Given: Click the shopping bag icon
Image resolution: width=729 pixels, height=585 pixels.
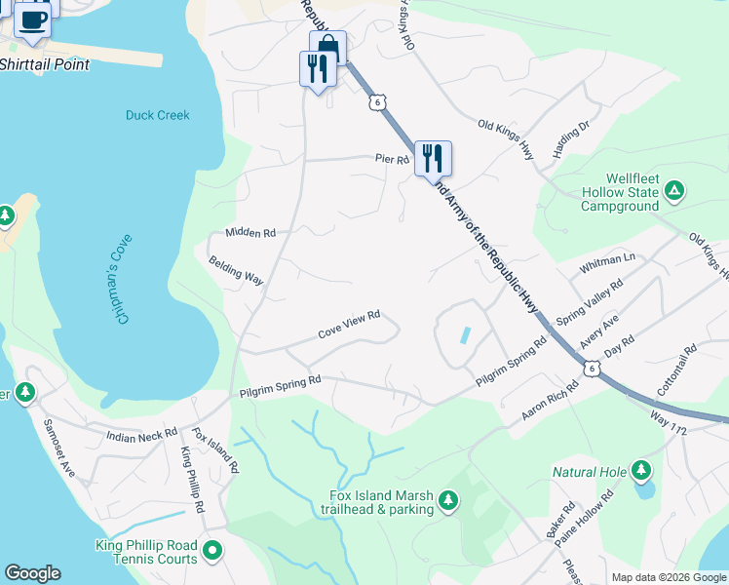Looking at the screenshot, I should pyautogui.click(x=328, y=46).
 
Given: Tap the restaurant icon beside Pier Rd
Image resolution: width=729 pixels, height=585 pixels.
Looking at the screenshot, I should pyautogui.click(x=433, y=158).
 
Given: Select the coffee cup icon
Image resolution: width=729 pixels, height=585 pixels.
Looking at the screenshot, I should pyautogui.click(x=33, y=19).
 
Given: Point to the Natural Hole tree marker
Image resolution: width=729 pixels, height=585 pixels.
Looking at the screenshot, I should pyautogui.click(x=640, y=472).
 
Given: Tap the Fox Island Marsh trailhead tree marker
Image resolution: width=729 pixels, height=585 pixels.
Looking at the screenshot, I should pyautogui.click(x=447, y=501).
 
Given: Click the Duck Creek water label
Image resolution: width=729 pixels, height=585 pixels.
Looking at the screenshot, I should pyautogui.click(x=158, y=115).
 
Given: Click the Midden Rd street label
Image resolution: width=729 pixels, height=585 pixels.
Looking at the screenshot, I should pyautogui.click(x=250, y=233).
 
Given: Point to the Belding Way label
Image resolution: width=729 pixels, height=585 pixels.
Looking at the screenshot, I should pyautogui.click(x=236, y=271).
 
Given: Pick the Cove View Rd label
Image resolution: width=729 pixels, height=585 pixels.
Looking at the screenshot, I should pyautogui.click(x=348, y=326).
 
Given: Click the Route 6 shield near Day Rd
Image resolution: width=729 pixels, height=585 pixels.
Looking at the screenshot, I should pyautogui.click(x=592, y=368).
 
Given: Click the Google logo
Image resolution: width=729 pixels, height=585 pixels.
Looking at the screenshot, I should pyautogui.click(x=33, y=573).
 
